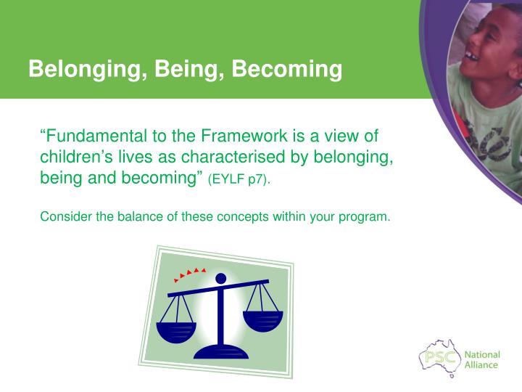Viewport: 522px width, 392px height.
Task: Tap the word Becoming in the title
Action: (x=287, y=70)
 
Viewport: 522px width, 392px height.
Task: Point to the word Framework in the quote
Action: (x=244, y=136)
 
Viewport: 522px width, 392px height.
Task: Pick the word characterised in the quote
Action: (x=233, y=157)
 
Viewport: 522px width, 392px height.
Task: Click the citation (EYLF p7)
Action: (x=239, y=179)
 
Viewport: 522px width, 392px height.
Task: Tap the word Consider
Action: (x=66, y=216)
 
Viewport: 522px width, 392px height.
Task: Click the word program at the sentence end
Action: (x=364, y=217)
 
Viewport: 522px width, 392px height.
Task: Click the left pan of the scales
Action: (x=176, y=332)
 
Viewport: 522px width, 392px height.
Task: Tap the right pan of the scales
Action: (x=263, y=322)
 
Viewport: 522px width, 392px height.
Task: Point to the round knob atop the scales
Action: (x=220, y=279)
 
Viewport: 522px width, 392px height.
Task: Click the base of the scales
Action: (x=221, y=352)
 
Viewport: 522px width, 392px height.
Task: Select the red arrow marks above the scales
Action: (x=190, y=274)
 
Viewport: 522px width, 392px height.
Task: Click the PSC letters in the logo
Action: (x=441, y=358)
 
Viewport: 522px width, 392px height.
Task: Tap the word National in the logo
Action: (x=482, y=355)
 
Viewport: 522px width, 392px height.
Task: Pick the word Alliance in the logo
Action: (x=481, y=365)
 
